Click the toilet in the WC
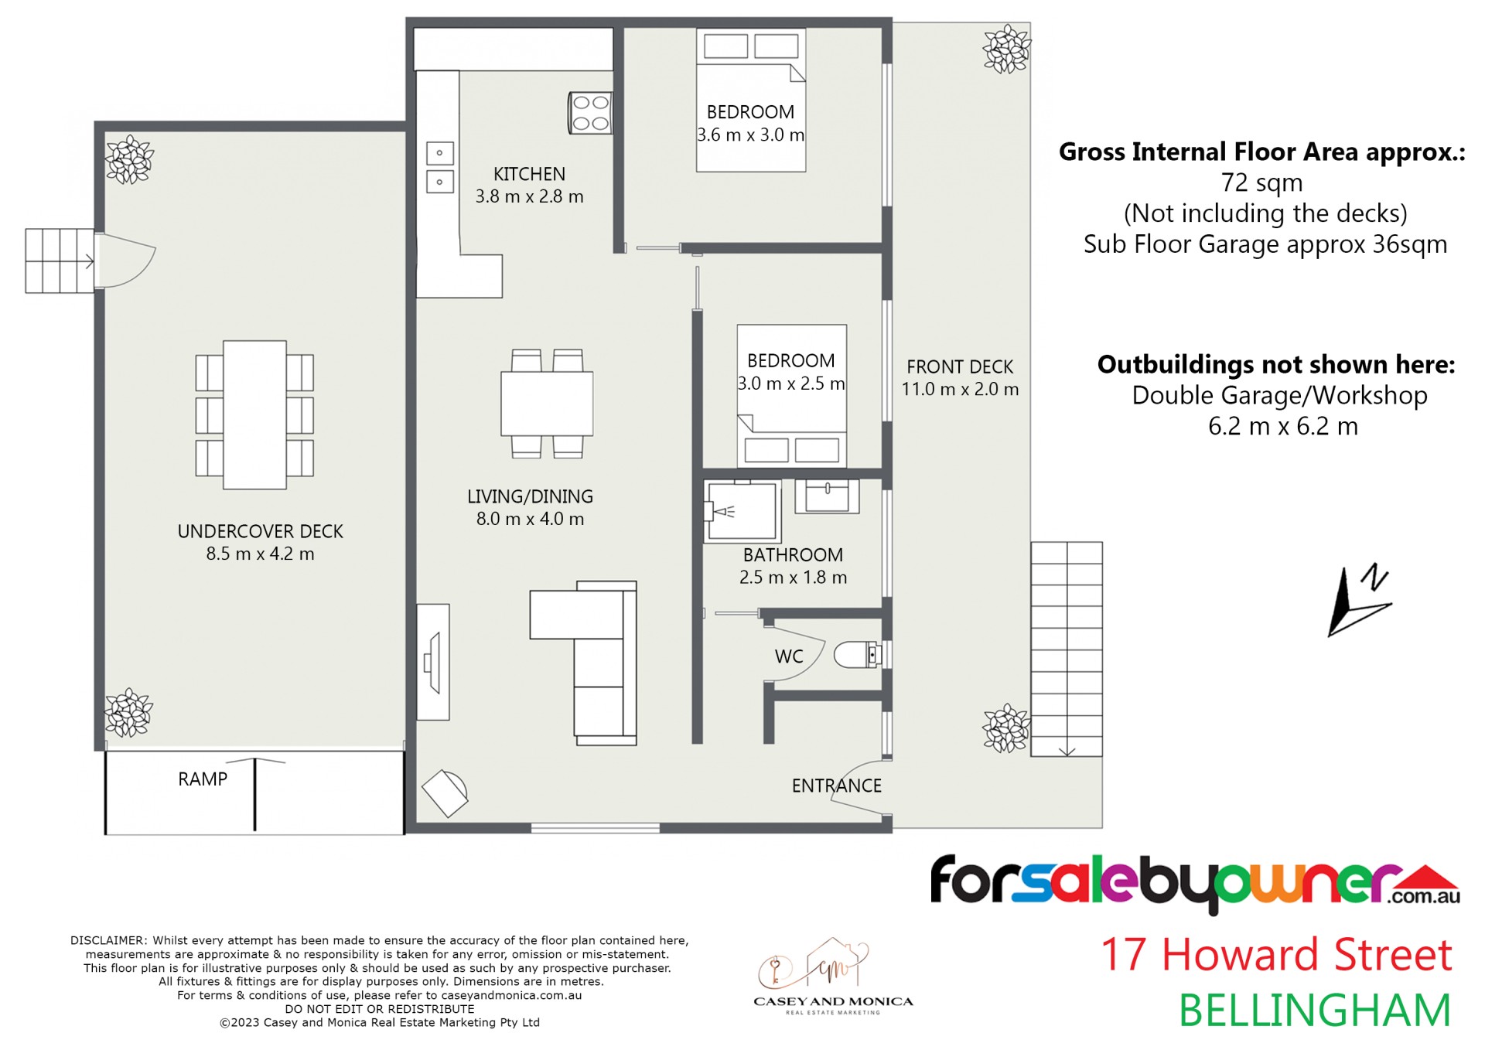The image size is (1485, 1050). (x=858, y=655)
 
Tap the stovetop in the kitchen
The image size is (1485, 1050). (x=590, y=113)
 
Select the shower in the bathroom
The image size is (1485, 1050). (x=742, y=511)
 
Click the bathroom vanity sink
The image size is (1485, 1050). (x=827, y=496)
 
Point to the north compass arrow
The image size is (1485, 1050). (x=1360, y=600)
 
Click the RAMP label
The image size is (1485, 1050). (x=203, y=779)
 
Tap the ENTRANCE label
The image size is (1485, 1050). (x=836, y=786)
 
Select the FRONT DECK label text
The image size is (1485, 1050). (x=960, y=366)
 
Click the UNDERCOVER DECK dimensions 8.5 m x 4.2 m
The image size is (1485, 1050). (x=260, y=554)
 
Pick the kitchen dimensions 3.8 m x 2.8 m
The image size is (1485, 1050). (x=529, y=196)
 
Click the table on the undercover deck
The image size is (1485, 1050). (x=254, y=414)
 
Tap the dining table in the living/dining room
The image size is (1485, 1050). (x=547, y=404)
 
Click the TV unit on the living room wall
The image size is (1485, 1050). (x=433, y=662)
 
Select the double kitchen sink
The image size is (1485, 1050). (x=440, y=168)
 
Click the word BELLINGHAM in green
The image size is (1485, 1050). (x=1314, y=1011)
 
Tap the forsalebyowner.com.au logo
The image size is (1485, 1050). (x=1195, y=883)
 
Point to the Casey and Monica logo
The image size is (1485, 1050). (x=833, y=977)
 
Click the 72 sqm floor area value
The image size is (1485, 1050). (x=1261, y=183)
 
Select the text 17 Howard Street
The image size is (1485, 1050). (x=1276, y=955)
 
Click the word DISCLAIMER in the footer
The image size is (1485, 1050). (x=108, y=941)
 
